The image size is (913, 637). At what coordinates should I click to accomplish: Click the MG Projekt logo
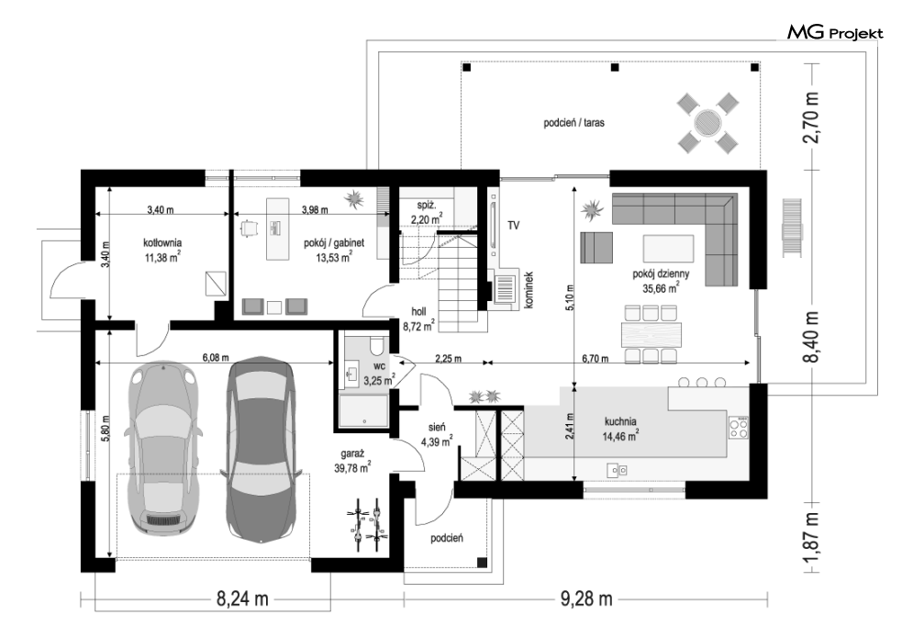[835, 33]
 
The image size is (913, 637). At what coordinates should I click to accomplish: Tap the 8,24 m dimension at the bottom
[242, 598]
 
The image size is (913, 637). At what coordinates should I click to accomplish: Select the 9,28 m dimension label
[586, 598]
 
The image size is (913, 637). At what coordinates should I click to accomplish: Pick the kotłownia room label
[162, 249]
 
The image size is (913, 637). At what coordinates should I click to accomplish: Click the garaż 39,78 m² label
[353, 460]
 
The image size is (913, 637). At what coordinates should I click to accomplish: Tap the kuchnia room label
[620, 428]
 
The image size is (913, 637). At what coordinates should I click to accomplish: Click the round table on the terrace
[707, 123]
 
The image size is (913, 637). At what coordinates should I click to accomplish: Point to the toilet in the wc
[377, 344]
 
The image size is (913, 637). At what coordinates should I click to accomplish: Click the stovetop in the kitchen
[739, 428]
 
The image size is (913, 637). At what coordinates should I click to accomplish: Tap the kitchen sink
[617, 469]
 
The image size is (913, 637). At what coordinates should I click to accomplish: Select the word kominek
[529, 290]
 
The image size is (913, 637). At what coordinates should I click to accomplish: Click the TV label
[513, 226]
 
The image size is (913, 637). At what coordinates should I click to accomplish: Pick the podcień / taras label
[573, 123]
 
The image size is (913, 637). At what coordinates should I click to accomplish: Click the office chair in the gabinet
[250, 229]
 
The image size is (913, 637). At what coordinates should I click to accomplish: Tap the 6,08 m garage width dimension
[216, 358]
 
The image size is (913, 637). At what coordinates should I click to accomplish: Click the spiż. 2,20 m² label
[427, 212]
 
